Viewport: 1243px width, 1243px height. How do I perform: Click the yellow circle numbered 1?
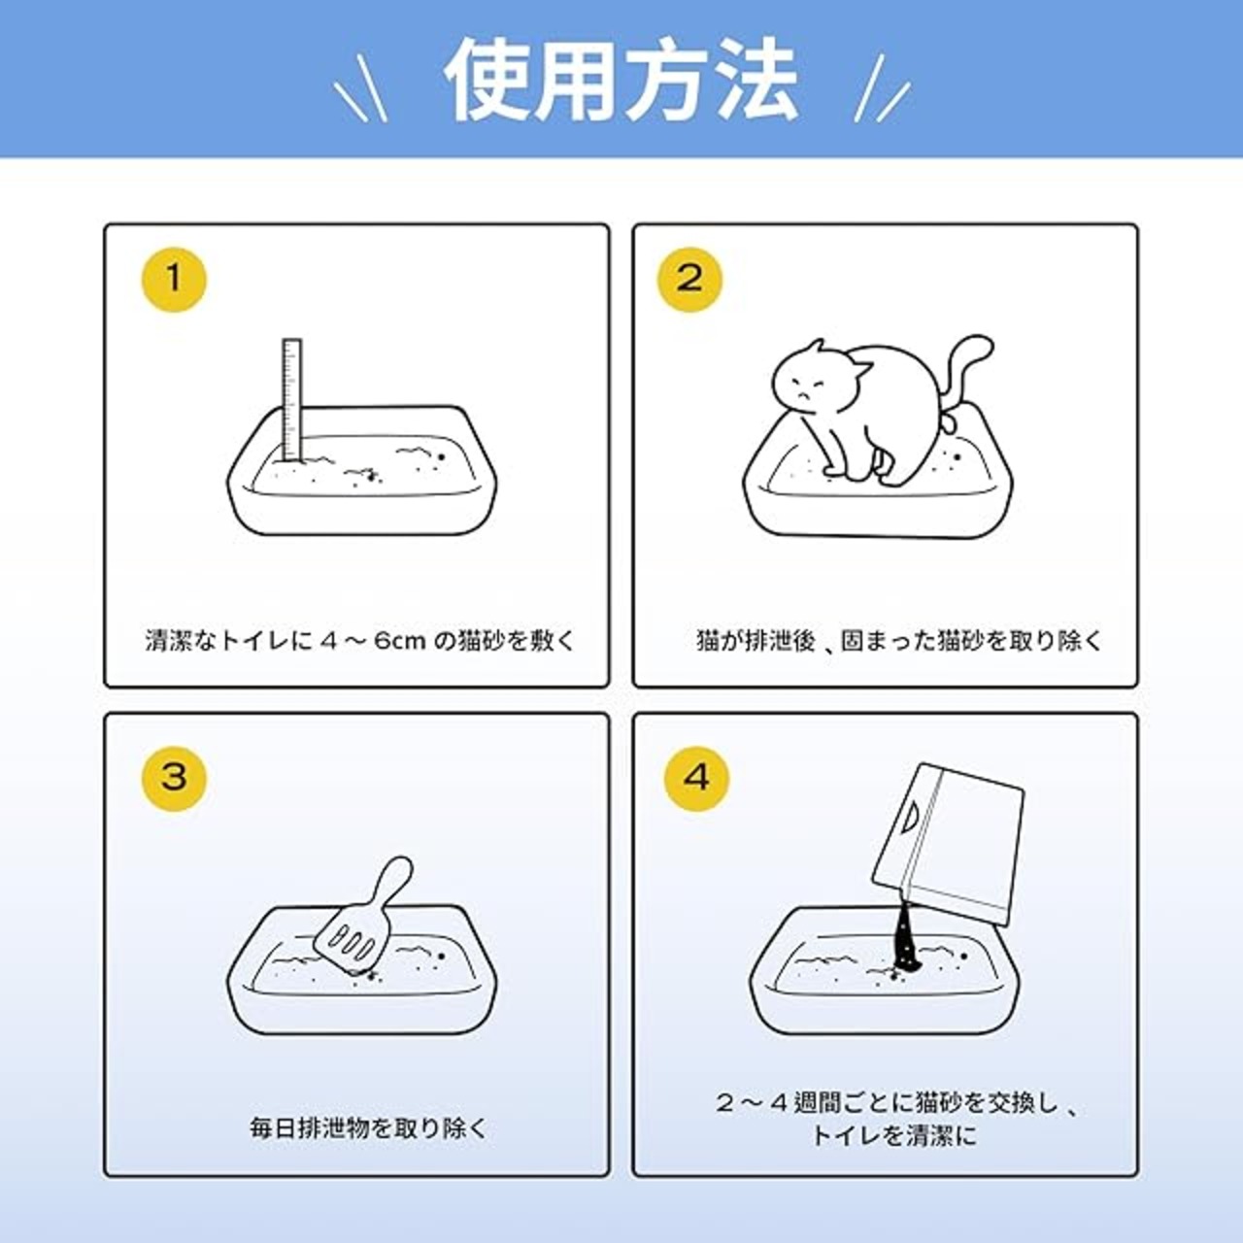click(174, 280)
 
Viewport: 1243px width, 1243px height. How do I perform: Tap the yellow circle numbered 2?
click(689, 280)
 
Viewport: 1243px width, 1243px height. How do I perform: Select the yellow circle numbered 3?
click(174, 779)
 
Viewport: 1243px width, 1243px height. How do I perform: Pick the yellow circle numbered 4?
click(696, 779)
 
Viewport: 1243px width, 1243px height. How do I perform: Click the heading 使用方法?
click(621, 81)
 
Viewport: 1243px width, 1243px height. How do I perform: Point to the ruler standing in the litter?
click(292, 400)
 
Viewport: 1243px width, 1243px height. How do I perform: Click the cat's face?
click(813, 388)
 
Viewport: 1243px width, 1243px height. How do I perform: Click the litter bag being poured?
click(948, 845)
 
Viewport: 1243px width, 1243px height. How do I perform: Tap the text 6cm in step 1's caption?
click(400, 642)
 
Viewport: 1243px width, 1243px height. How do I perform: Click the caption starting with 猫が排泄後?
click(899, 641)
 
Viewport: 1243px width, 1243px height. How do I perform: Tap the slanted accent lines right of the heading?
click(883, 88)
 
